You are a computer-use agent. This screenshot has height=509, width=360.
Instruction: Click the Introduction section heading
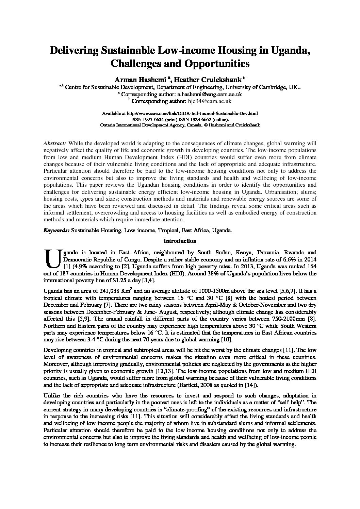pyautogui.click(x=180, y=241)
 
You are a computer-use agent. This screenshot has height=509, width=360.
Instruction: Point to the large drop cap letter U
pyautogui.click(x=52, y=260)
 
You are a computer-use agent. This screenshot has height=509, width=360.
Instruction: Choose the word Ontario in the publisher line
pyautogui.click(x=109, y=125)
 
